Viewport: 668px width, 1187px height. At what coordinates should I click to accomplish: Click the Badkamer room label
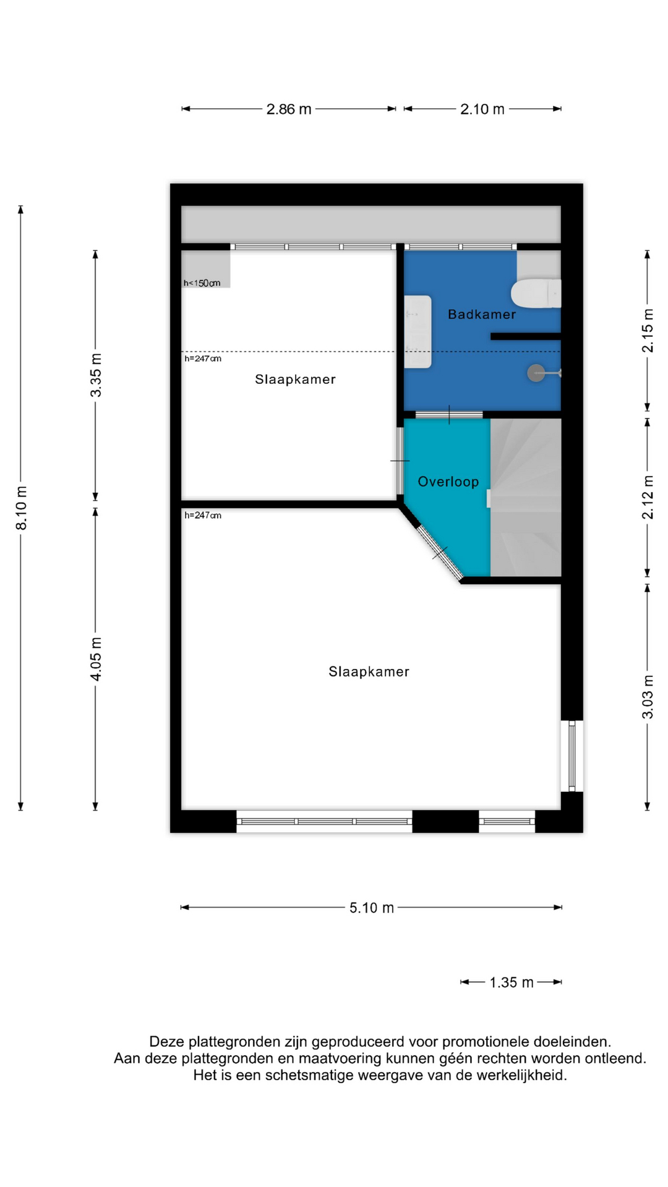pyautogui.click(x=482, y=314)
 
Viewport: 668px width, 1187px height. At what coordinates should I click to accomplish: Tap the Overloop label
pyautogui.click(x=448, y=482)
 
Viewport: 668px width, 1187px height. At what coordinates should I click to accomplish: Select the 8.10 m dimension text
pyautogui.click(x=21, y=508)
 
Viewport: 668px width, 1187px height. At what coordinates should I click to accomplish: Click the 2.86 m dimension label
pyautogui.click(x=289, y=109)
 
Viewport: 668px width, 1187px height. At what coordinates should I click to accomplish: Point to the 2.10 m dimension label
pyautogui.click(x=482, y=109)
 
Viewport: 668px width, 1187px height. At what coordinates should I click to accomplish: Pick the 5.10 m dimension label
pyautogui.click(x=372, y=908)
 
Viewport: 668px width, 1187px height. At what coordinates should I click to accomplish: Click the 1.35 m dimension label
pyautogui.click(x=512, y=982)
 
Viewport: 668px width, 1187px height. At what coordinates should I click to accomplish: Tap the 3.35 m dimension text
pyautogui.click(x=96, y=375)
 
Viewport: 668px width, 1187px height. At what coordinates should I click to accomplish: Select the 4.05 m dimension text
pyautogui.click(x=96, y=659)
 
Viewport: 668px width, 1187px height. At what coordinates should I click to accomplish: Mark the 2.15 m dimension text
pyautogui.click(x=648, y=331)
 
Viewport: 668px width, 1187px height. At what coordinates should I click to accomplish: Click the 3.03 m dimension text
pyautogui.click(x=648, y=697)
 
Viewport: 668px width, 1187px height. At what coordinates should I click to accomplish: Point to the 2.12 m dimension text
pyautogui.click(x=648, y=497)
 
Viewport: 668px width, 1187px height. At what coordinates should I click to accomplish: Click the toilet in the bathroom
pyautogui.click(x=536, y=293)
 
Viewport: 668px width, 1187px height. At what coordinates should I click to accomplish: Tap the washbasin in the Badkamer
pyautogui.click(x=417, y=332)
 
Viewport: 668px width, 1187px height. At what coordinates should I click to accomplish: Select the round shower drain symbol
pyautogui.click(x=536, y=373)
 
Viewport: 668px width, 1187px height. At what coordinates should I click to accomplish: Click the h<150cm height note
pyautogui.click(x=202, y=283)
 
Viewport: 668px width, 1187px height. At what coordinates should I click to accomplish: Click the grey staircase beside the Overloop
pyautogui.click(x=526, y=498)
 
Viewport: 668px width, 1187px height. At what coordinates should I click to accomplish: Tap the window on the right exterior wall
pyautogui.click(x=572, y=755)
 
